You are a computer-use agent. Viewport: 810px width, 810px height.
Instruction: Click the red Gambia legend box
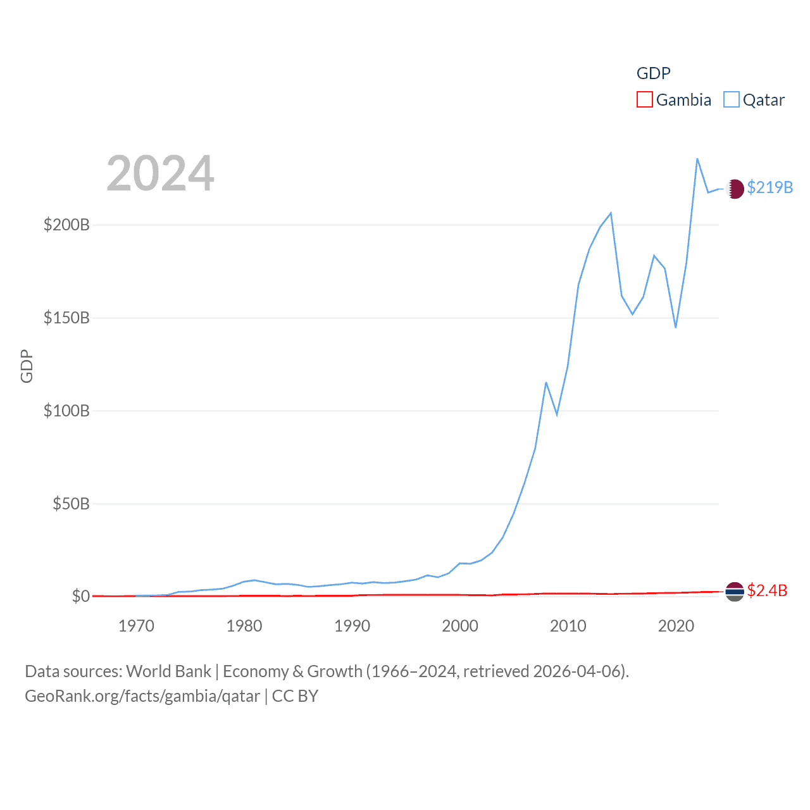coord(644,100)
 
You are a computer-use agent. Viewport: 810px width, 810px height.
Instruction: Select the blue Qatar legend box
coord(732,100)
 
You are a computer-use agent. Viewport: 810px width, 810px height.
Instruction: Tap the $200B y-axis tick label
coord(66,225)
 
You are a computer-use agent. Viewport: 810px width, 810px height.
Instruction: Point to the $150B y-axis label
coord(66,318)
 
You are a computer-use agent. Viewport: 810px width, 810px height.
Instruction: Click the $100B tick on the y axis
coord(66,411)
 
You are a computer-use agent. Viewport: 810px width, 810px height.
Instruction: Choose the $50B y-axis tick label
coord(71,504)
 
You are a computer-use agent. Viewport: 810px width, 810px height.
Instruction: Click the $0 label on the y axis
coord(80,597)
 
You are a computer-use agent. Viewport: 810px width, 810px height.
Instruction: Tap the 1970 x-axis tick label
coord(136,626)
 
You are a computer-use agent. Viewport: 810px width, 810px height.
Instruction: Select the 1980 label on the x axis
coord(244,626)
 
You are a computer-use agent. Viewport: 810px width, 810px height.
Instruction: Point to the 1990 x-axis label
coord(352,626)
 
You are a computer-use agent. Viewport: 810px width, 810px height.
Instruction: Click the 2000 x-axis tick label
coord(460,626)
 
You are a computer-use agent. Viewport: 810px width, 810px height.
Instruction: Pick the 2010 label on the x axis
coord(568,626)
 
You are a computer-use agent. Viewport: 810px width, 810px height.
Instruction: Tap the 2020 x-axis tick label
coord(676,626)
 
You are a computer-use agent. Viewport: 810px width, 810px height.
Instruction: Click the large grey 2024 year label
coord(160,173)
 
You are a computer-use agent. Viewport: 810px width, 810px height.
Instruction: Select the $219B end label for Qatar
coord(769,188)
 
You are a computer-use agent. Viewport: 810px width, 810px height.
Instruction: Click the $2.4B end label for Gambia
coord(767,591)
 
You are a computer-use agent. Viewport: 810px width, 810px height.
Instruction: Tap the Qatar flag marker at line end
coord(735,189)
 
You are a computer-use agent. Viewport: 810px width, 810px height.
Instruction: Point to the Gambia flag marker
coord(735,592)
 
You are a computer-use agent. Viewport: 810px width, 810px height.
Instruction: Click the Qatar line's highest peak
coord(697,159)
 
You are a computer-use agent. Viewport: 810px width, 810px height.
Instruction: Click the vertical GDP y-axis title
coord(27,366)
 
